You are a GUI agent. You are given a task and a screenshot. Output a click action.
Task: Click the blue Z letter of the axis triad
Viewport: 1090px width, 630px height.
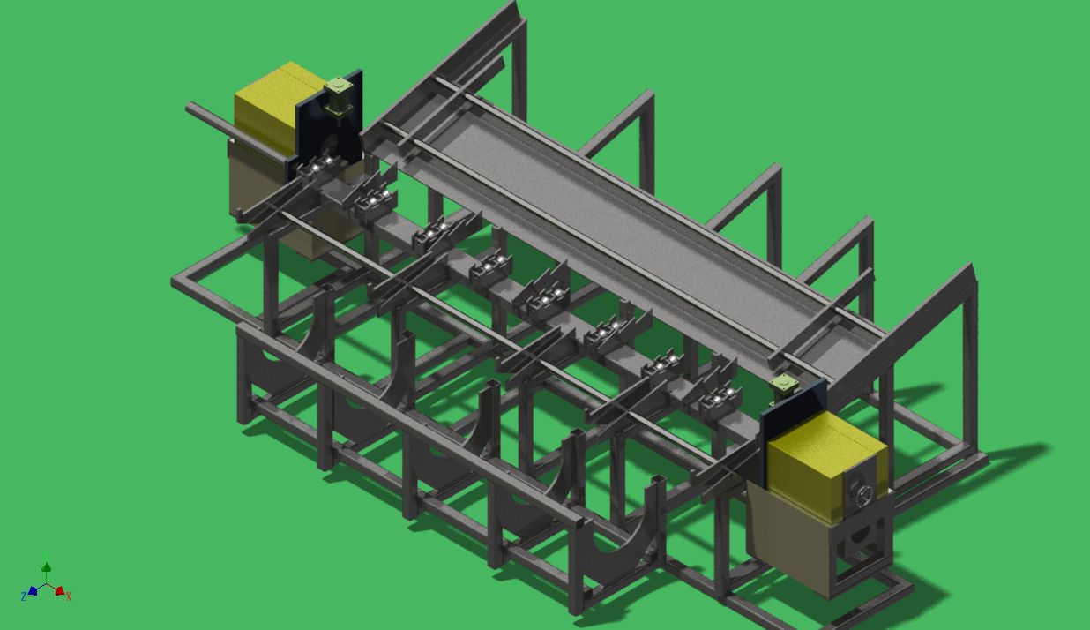[23, 596]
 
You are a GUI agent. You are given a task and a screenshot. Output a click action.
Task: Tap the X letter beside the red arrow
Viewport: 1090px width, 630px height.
[69, 596]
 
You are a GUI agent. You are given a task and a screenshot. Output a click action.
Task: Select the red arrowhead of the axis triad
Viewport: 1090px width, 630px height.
[60, 590]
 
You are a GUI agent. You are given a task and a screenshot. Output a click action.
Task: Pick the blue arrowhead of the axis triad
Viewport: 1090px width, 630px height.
[33, 590]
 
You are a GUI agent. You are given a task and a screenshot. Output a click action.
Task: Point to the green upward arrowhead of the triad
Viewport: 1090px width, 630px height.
[46, 566]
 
